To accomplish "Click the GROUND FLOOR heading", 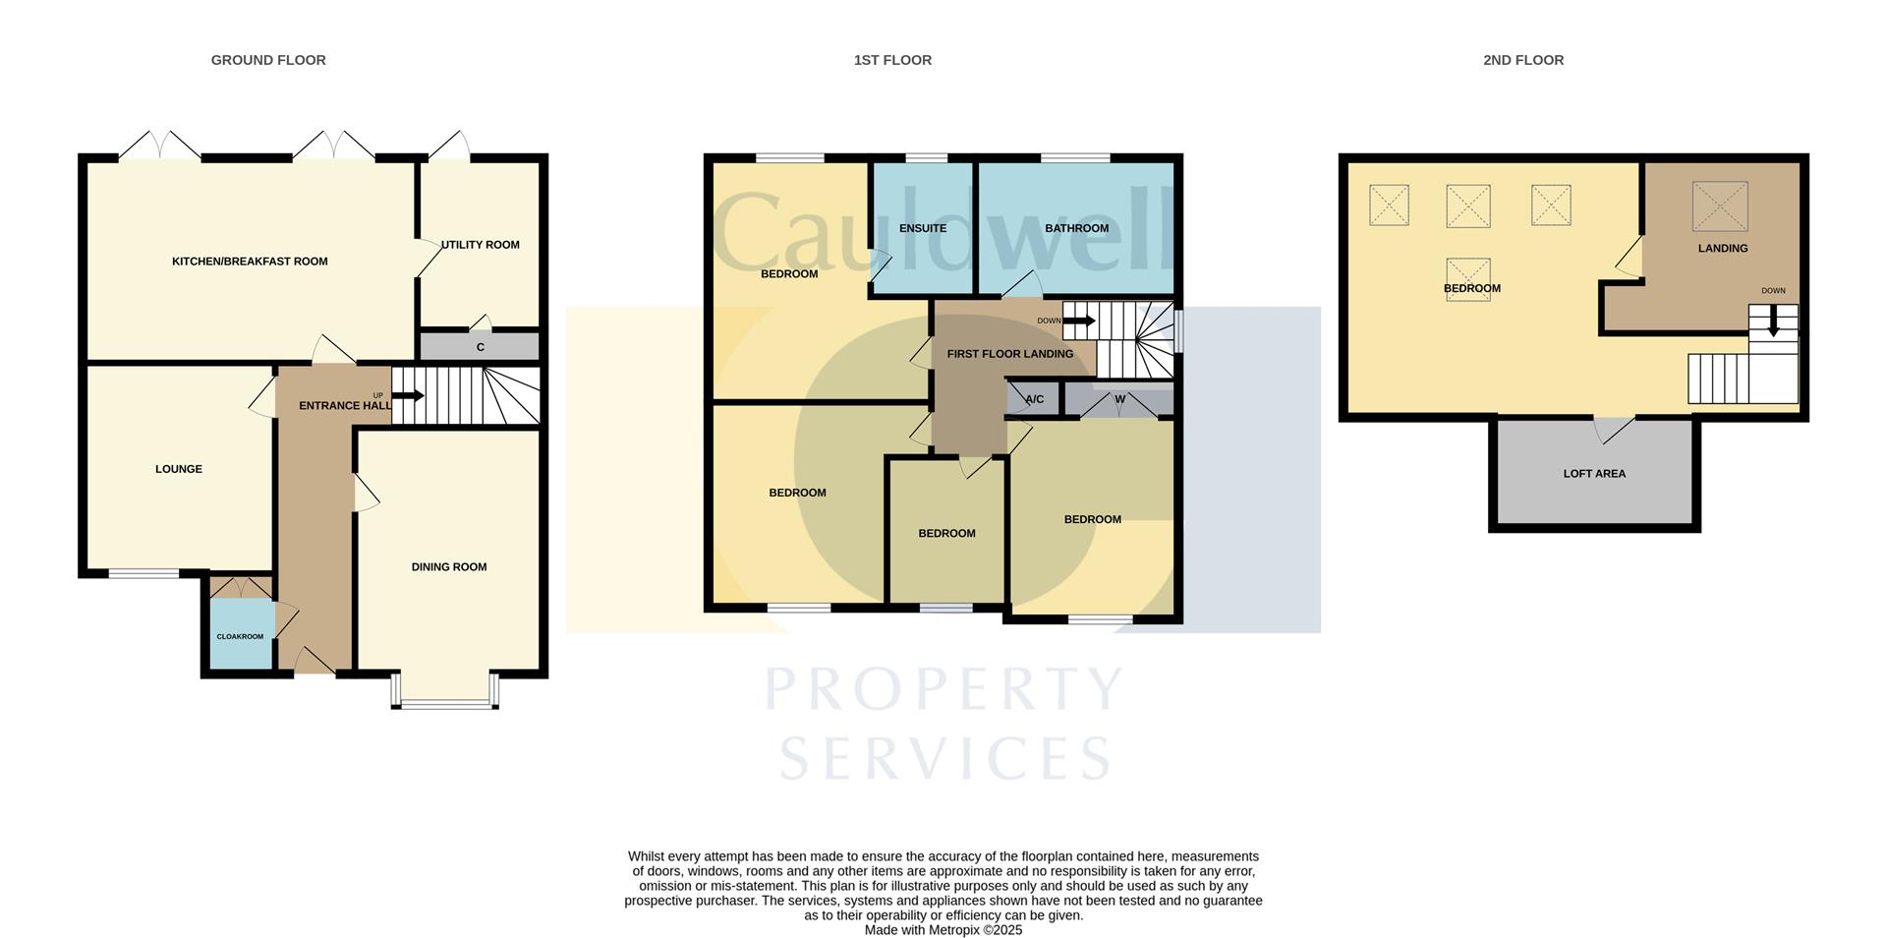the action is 268,60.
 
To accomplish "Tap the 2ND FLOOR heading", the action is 1523,60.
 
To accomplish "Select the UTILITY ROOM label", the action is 481,245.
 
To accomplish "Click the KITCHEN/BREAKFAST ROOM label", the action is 250,262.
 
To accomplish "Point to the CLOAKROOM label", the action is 240,637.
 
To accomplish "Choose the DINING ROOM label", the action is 449,567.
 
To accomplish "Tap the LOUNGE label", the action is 179,469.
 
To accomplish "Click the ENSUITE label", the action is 923,228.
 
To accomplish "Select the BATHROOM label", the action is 1076,228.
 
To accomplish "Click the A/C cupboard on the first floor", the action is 1034,399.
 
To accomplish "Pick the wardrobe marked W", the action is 1119,399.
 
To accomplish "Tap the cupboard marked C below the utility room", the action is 480,347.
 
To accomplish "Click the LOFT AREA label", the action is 1594,474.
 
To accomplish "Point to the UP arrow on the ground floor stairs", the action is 408,396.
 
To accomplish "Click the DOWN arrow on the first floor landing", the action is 1079,321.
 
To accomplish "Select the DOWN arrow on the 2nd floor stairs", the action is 1773,322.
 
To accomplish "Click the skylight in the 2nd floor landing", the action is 1720,206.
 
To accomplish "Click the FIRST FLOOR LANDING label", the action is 1010,354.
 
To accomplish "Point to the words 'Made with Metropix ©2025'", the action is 943,930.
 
